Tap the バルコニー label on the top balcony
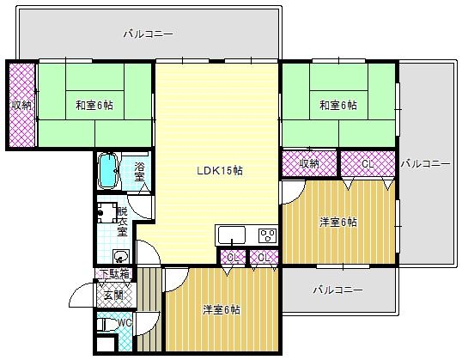(148, 34)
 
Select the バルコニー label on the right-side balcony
(425, 162)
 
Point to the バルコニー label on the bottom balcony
(337, 290)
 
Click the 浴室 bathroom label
(139, 170)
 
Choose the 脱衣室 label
(122, 222)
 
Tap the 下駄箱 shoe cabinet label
(113, 275)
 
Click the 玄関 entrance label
(113, 296)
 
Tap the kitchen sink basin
(233, 235)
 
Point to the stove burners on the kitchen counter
(265, 235)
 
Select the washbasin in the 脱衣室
(119, 255)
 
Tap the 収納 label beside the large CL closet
(309, 162)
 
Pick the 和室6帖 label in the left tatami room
(94, 105)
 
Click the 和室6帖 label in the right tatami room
(337, 105)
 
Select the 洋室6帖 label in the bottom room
(222, 309)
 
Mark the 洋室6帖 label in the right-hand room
(338, 222)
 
